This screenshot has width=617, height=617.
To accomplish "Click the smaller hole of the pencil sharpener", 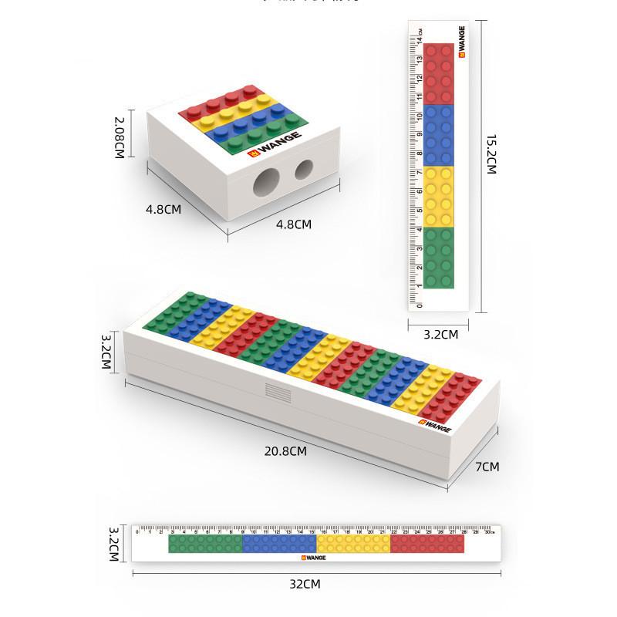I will click(304, 170).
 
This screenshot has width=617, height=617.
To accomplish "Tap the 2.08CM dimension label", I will click(120, 138).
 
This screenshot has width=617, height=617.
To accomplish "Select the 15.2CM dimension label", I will click(491, 154).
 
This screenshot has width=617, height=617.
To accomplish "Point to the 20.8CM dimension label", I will click(285, 451).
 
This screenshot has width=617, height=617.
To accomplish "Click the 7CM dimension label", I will click(487, 467).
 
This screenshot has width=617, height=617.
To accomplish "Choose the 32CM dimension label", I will click(305, 584).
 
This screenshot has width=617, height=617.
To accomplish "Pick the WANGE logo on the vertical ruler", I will click(461, 42).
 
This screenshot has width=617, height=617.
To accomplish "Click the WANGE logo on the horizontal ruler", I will click(315, 556).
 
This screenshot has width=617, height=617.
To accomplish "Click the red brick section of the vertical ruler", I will click(439, 74).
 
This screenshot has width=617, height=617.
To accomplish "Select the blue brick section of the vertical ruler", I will click(439, 135).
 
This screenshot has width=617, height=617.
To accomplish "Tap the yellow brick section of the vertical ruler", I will click(439, 196).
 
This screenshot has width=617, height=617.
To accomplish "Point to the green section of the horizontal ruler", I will click(205, 544).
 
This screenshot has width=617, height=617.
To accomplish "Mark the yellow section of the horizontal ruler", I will click(353, 544).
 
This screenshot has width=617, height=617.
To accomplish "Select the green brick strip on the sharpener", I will click(258, 133).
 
